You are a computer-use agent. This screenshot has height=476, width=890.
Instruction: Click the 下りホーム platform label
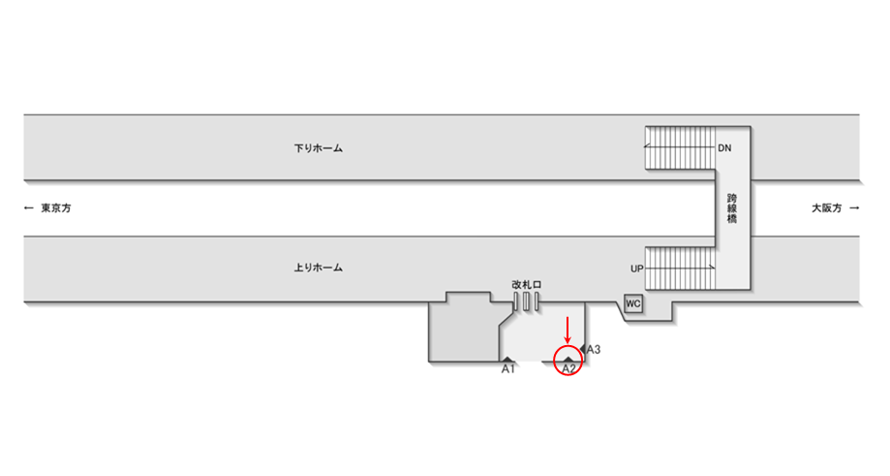click(x=319, y=149)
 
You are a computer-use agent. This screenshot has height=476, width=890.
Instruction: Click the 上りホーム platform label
click(x=319, y=268)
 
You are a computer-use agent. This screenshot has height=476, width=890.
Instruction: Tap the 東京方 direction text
click(x=56, y=208)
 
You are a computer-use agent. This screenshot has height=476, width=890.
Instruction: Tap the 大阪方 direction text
click(x=827, y=208)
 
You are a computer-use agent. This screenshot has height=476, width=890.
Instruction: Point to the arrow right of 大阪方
click(x=853, y=208)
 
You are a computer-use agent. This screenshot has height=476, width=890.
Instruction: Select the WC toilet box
click(x=633, y=304)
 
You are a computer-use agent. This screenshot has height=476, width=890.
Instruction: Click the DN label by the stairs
click(x=724, y=148)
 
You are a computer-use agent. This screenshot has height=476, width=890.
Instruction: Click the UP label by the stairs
click(x=636, y=268)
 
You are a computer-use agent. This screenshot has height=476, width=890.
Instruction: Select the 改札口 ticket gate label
click(x=526, y=284)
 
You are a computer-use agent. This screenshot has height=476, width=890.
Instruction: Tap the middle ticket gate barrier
click(x=526, y=302)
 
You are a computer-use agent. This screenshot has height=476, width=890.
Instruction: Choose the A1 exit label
click(x=507, y=369)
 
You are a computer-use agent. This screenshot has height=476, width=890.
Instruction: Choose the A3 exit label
click(x=595, y=349)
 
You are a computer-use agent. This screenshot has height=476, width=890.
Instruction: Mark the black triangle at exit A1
click(x=507, y=360)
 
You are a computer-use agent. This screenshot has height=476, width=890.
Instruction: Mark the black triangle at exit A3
click(x=583, y=349)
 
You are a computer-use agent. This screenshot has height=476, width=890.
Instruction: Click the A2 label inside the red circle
click(x=568, y=368)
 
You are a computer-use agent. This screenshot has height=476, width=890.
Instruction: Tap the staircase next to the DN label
click(x=679, y=147)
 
